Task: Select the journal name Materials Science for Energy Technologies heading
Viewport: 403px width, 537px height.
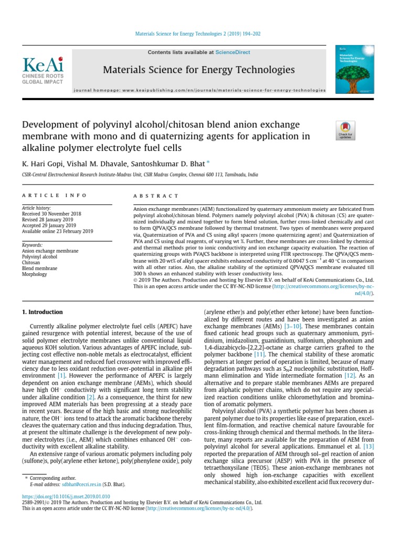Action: (199, 70)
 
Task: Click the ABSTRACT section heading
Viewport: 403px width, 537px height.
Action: (156, 196)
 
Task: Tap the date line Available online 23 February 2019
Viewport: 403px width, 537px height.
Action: (57, 232)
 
